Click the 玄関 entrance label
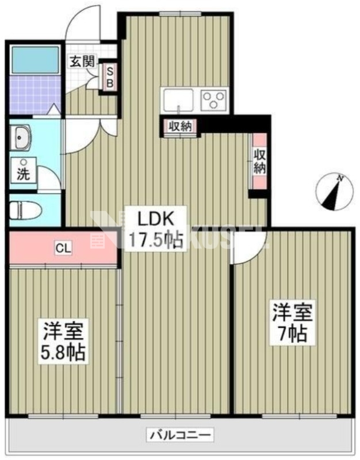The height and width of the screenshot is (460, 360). pos(82,62)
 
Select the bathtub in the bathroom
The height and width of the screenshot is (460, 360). pos(35,60)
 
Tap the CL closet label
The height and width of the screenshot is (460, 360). pos(63,248)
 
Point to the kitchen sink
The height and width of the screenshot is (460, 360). pos(179,101)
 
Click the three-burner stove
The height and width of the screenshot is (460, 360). pos(213,101)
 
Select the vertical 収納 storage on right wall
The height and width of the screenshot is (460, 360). pos(259,161)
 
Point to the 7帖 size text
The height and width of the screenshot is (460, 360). pos(292,333)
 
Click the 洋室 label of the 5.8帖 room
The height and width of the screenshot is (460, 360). pos(63,331)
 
